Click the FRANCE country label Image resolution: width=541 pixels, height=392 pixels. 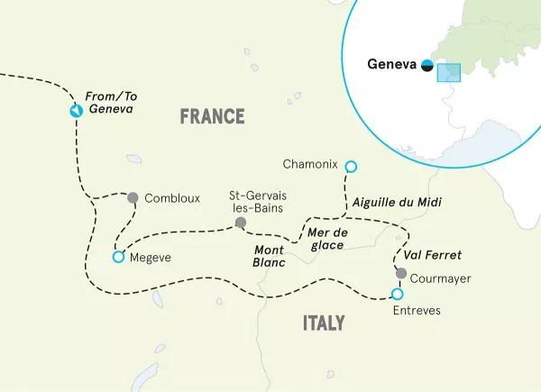pyautogui.click(x=212, y=116)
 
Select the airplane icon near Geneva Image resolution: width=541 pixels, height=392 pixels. pyautogui.click(x=77, y=111)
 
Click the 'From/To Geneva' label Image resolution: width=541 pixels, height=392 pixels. pyautogui.click(x=109, y=102)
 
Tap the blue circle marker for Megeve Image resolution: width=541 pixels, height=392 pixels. pyautogui.click(x=117, y=258)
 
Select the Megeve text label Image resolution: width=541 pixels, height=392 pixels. pyautogui.click(x=150, y=258)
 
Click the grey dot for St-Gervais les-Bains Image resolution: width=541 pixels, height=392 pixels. pyautogui.click(x=240, y=223)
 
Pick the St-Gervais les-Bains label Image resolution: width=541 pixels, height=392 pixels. pyautogui.click(x=256, y=201)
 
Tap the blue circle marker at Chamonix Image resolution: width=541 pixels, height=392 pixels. pyautogui.click(x=351, y=166)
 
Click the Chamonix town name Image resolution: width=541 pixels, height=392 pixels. pyautogui.click(x=309, y=165)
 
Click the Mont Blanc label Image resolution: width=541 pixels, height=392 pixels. pyautogui.click(x=270, y=256)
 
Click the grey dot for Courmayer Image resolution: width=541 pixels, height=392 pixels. pyautogui.click(x=401, y=273)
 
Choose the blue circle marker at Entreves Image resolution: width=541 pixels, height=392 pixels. pyautogui.click(x=397, y=294)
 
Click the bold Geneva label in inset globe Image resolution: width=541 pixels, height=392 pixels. pyautogui.click(x=393, y=64)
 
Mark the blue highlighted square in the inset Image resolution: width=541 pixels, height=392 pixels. pyautogui.click(x=448, y=73)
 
